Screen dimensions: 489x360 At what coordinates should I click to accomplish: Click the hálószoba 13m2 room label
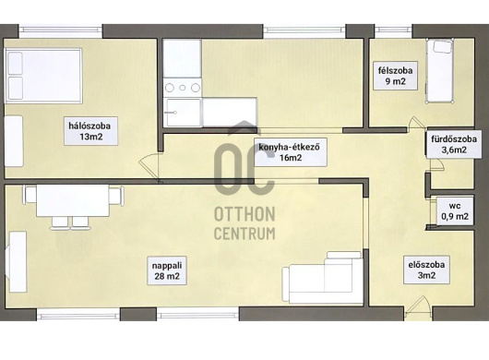click(x=90, y=131)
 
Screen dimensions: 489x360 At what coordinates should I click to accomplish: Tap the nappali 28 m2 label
click(x=167, y=270)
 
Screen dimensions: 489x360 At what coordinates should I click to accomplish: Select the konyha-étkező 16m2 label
click(x=291, y=152)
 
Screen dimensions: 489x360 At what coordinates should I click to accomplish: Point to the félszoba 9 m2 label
click(x=396, y=76)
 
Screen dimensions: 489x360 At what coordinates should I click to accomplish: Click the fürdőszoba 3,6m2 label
click(x=454, y=144)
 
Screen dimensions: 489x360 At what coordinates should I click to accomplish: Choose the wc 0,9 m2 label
click(x=455, y=211)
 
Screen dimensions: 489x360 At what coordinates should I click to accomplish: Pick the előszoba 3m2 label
click(x=426, y=270)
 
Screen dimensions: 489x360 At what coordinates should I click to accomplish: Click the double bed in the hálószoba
click(x=43, y=76)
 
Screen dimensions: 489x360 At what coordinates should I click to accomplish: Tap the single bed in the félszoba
click(x=440, y=71)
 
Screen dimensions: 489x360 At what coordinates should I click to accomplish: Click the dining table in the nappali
click(x=73, y=200)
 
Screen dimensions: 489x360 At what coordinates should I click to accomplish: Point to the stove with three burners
click(x=183, y=88)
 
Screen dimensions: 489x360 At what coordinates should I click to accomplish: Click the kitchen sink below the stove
click(x=183, y=113)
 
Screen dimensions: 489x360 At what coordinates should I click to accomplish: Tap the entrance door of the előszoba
click(x=418, y=308)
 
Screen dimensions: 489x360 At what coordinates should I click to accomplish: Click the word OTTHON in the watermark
click(x=244, y=214)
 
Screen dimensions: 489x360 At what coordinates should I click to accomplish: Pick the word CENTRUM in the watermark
click(x=244, y=233)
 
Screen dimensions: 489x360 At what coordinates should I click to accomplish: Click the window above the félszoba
click(x=393, y=30)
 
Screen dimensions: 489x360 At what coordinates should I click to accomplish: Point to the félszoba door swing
click(x=416, y=122)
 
